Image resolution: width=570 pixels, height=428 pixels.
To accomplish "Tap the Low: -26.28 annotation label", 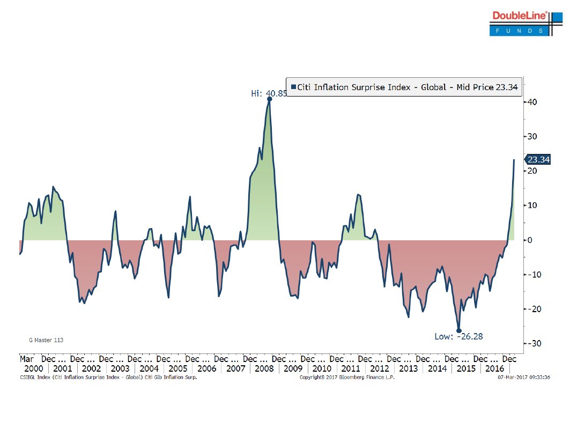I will point(458,337).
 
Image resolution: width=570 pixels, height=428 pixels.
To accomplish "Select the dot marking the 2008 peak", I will point(269,99).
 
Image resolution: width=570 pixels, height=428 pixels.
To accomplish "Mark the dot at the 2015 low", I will point(459,330).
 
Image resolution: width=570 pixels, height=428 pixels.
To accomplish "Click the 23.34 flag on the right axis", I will point(537,160).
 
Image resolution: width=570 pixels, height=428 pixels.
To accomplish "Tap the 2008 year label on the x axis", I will point(264,369).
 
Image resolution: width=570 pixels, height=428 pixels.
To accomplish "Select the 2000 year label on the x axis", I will point(33,369).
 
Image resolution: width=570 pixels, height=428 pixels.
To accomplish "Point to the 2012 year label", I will point(380,369).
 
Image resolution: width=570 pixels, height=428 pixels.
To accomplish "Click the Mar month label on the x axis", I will point(27,359).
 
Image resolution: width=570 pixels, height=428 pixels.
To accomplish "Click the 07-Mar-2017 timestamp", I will point(523,378).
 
